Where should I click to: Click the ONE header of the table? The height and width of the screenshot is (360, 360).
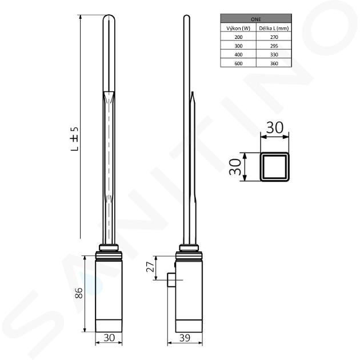pyautogui.click(x=256, y=19)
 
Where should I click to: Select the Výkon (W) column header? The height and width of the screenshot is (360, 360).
pyautogui.click(x=238, y=28)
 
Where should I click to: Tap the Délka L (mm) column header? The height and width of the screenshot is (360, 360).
pyautogui.click(x=274, y=28)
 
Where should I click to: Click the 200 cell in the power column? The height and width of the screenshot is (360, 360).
pyautogui.click(x=238, y=37)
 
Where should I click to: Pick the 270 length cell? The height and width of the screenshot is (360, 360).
pyautogui.click(x=274, y=37)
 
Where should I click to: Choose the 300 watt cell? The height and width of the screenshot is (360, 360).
pyautogui.click(x=238, y=46)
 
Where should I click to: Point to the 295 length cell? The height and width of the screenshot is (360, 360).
pyautogui.click(x=274, y=46)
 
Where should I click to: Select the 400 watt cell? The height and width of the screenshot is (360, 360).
pyautogui.click(x=238, y=55)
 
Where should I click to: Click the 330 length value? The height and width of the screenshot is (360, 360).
pyautogui.click(x=274, y=55)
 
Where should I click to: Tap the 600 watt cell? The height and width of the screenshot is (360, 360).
pyautogui.click(x=238, y=63)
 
